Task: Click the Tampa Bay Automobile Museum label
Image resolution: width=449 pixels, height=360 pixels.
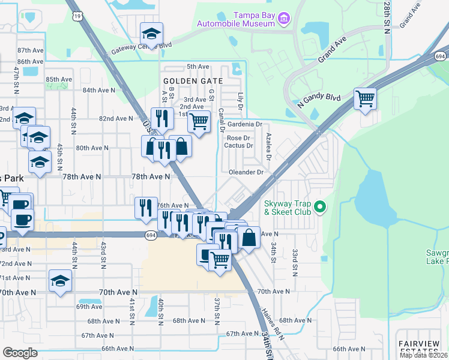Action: pos(236,19)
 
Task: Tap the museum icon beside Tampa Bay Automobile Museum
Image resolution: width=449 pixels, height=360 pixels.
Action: pos(285,20)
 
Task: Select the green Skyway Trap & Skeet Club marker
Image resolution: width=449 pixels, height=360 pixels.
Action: pos(320,208)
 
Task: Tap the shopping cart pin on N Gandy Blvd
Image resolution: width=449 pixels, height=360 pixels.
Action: pos(365,98)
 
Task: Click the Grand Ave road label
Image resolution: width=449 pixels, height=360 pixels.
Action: pos(333,51)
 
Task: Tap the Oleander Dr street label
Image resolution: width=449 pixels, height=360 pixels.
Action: pos(247,172)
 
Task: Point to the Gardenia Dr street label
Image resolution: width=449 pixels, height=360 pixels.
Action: pos(244,124)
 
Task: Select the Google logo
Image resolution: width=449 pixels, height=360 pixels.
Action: pos(20,353)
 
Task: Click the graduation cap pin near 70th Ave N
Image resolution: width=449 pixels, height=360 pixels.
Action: pos(60,281)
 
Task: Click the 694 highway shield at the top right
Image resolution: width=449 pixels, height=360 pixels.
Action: pos(440,56)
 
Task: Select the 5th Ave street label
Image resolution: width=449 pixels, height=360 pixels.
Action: pos(197,67)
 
